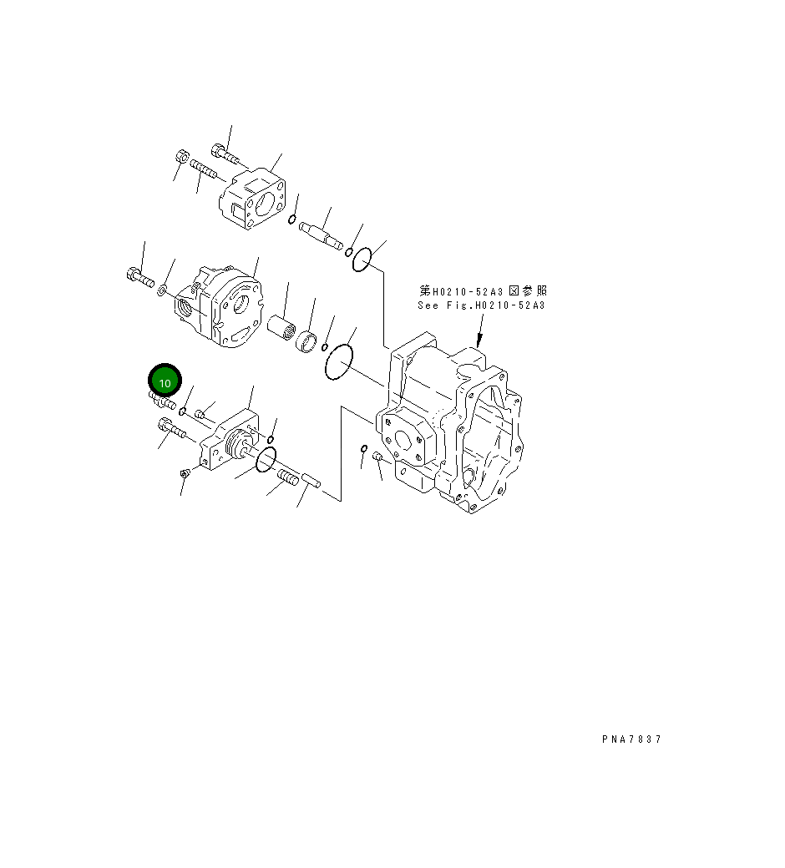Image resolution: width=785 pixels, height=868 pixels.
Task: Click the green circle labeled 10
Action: [165, 382]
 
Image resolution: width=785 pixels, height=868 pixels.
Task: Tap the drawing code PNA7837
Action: [631, 739]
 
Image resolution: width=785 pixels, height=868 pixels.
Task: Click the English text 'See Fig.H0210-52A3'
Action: [481, 305]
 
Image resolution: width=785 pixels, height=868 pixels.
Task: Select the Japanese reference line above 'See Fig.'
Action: [483, 291]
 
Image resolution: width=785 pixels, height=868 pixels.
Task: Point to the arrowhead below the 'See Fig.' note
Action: [479, 341]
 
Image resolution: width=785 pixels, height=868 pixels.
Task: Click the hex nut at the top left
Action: [183, 158]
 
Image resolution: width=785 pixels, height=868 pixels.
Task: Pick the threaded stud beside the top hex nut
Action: [204, 170]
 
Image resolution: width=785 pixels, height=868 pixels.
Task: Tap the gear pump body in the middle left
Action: [220, 307]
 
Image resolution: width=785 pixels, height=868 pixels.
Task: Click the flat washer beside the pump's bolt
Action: [162, 290]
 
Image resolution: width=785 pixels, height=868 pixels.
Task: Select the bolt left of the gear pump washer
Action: [139, 276]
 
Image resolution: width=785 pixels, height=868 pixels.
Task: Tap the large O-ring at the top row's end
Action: [361, 260]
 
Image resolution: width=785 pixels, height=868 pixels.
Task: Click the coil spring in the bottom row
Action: [287, 479]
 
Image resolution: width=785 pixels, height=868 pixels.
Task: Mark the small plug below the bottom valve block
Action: [185, 474]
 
